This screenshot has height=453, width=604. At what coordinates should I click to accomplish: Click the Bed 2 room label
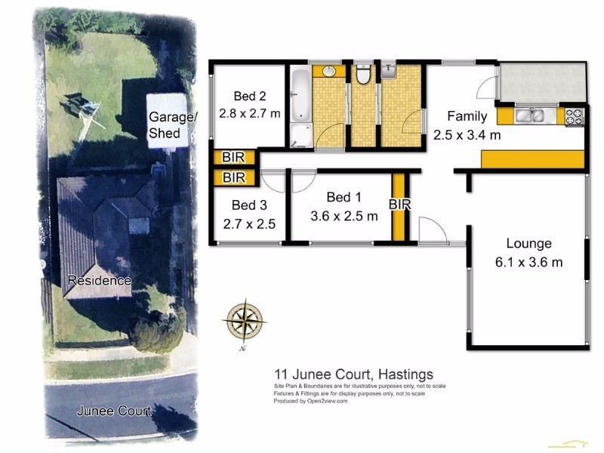coord(249,96)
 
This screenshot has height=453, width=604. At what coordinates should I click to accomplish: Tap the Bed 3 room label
coord(248,205)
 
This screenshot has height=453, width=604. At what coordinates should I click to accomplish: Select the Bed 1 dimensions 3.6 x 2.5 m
coord(344,216)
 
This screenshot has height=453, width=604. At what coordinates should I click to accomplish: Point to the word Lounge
coord(528,244)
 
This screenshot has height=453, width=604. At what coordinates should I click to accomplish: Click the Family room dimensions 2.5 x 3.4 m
coord(467,136)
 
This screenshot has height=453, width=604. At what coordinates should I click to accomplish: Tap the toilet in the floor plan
coord(363,75)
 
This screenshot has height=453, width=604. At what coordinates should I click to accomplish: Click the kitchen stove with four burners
coord(575,116)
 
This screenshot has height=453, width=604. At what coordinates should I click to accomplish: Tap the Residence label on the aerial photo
coord(99,281)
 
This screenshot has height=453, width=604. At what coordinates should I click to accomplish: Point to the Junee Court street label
coord(114,411)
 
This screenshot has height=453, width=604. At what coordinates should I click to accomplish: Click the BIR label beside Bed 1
coord(399,205)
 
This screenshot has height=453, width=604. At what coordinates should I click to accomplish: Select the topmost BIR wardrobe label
coord(233,158)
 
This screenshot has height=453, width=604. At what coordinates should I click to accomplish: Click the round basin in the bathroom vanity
coord(329,72)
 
